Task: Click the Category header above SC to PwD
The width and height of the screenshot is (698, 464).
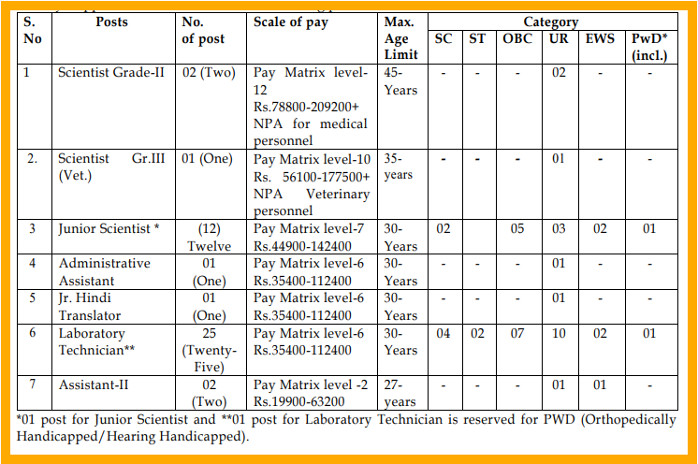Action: pos(550,22)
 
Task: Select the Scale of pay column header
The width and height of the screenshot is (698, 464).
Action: pos(291,22)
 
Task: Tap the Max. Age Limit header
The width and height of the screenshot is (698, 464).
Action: pos(400,37)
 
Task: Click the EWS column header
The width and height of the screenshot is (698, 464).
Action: pos(600,38)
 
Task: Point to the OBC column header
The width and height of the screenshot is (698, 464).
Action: pos(518,38)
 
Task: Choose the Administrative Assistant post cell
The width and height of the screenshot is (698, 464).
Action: pos(104,272)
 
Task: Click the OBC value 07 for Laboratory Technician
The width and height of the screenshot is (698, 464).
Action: pos(517,334)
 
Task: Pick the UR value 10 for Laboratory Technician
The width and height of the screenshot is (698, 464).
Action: pos(558,334)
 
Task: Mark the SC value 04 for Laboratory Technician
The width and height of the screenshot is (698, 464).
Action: pos(444,334)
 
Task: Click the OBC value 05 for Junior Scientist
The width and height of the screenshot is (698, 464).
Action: pos(517,229)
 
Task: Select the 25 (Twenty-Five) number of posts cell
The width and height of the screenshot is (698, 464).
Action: pos(214,350)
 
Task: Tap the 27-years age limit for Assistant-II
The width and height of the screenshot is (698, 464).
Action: pos(400,393)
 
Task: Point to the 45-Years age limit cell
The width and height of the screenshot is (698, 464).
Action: pos(400,80)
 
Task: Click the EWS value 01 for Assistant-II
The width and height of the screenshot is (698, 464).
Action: pos(600,384)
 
